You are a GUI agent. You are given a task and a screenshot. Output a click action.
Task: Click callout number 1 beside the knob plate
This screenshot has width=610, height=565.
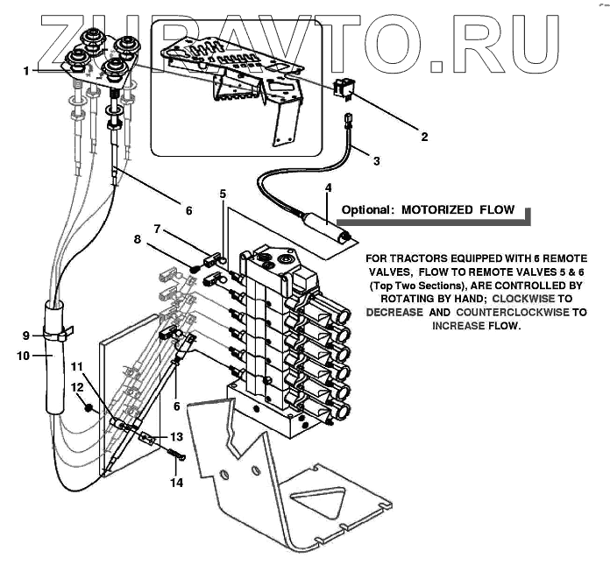[26, 71]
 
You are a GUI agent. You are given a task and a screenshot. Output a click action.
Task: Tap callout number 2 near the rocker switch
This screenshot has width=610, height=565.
[424, 137]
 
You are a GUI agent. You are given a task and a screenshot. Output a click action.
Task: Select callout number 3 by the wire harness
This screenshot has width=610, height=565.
[377, 160]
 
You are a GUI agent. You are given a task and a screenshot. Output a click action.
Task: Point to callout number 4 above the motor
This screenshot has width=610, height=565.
[329, 187]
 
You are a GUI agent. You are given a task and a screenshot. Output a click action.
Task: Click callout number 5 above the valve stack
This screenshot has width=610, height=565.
[223, 194]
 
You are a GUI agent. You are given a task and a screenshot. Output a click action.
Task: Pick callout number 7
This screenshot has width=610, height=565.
[157, 229]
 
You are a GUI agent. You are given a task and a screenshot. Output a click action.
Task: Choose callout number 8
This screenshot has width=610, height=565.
[138, 239]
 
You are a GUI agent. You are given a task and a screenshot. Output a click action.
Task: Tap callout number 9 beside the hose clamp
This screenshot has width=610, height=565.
[26, 335]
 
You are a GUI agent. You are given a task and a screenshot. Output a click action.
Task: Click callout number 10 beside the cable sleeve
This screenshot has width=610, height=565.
[24, 356]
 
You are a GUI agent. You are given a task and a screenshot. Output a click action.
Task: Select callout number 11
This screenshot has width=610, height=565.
[77, 367]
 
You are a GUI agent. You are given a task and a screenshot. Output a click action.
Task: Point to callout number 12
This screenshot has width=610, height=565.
[77, 387]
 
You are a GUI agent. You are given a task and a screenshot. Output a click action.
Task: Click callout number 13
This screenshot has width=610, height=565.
[176, 437]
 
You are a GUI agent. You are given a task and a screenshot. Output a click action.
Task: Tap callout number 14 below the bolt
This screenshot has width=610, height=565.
[176, 483]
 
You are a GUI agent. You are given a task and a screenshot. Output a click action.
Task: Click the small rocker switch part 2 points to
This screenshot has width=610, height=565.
[342, 87]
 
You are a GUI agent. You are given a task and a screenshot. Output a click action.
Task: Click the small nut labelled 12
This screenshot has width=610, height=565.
[89, 408]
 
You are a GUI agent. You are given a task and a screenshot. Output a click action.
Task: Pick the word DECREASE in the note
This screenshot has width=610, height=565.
[394, 312]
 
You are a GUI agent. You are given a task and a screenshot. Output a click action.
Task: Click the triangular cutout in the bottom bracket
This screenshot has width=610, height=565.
[317, 499]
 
